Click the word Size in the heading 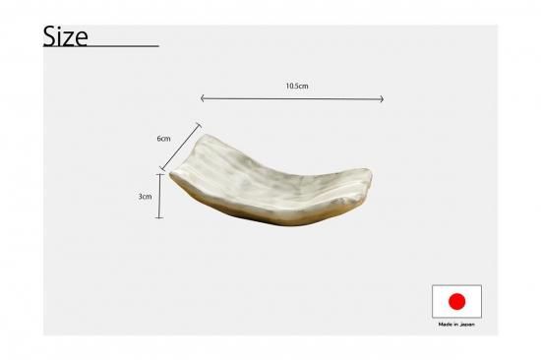pyautogui.click(x=65, y=36)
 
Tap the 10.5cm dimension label pyautogui.click(x=297, y=86)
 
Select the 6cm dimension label pyautogui.click(x=163, y=139)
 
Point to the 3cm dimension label pyautogui.click(x=145, y=197)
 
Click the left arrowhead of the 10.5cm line pyautogui.click(x=202, y=98)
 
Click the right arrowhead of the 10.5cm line pyautogui.click(x=383, y=99)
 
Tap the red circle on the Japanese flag pyautogui.click(x=456, y=301)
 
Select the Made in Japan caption pyautogui.click(x=456, y=325)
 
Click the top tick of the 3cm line pyautogui.click(x=159, y=175)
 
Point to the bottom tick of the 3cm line pyautogui.click(x=159, y=217)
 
